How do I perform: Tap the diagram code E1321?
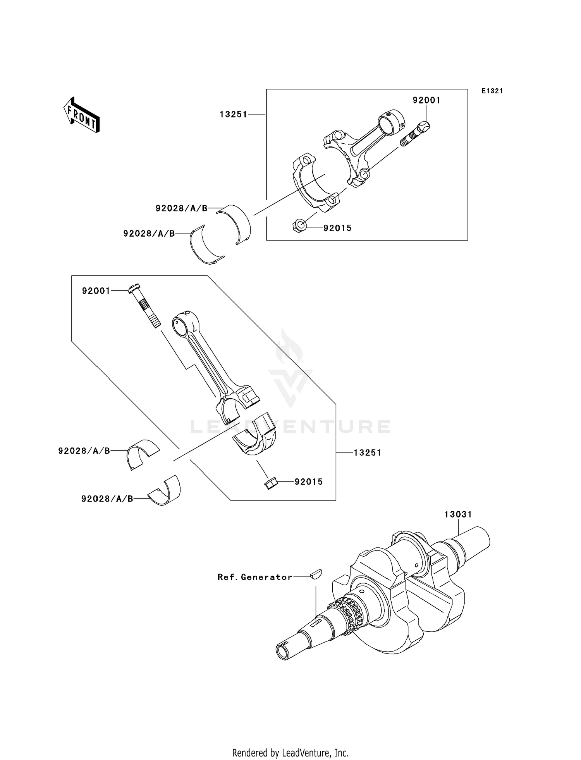click(x=492, y=91)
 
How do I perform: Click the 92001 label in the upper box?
click(x=426, y=100)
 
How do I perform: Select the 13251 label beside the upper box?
click(x=233, y=114)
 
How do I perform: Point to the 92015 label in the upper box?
click(x=337, y=228)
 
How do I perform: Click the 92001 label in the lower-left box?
click(x=96, y=291)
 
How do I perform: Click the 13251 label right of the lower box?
click(x=367, y=452)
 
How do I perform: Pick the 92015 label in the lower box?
click(x=308, y=482)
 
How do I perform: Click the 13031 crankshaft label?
click(x=458, y=514)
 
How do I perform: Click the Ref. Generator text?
click(x=255, y=577)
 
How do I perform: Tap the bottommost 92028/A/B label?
click(x=107, y=499)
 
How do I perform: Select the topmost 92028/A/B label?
click(x=181, y=208)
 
